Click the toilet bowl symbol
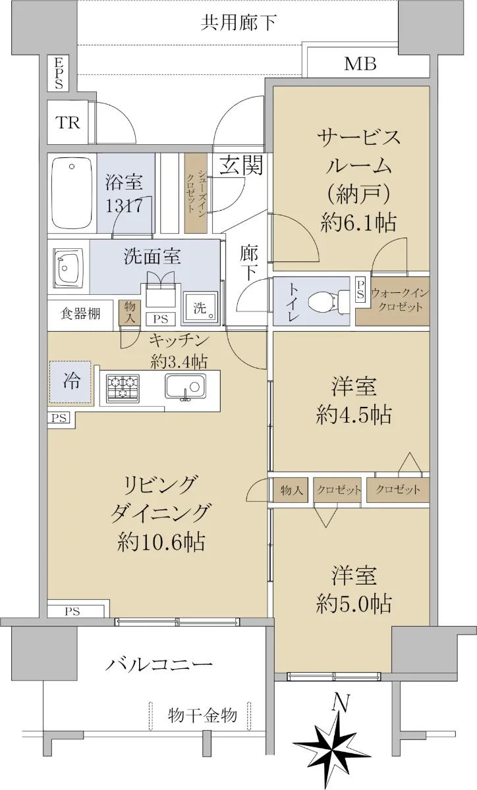point(327,302)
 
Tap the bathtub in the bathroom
point(72,194)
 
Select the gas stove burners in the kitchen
point(123,388)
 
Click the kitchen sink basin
point(185,386)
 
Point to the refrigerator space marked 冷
point(70,382)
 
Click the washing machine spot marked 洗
point(200,307)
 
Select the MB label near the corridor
point(360,64)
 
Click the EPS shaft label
point(59,73)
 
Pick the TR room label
point(67,122)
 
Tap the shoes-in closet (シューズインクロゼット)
point(196,192)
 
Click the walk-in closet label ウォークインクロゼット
point(399,300)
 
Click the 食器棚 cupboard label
point(80,313)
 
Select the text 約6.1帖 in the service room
point(358,223)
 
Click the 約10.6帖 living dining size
point(161,542)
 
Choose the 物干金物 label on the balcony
point(202,716)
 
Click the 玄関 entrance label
point(241,165)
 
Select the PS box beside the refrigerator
point(59,418)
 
